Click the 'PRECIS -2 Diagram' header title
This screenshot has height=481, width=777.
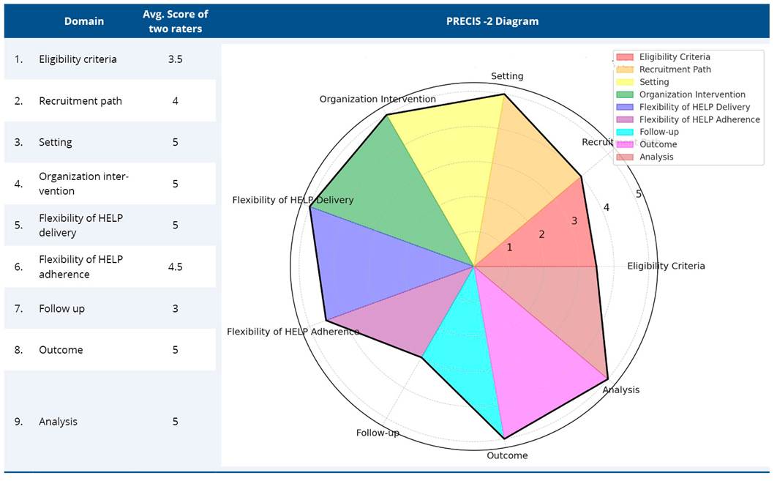(492, 21)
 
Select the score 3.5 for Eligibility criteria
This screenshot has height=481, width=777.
(175, 59)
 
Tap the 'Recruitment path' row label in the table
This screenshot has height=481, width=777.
(80, 101)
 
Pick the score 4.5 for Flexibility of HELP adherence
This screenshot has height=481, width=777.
(175, 266)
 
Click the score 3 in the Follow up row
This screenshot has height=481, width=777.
(175, 308)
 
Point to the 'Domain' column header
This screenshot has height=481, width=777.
(84, 21)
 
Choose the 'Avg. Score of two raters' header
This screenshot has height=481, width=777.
(175, 21)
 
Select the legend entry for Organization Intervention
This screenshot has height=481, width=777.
(691, 94)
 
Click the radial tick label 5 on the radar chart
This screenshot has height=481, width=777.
(639, 194)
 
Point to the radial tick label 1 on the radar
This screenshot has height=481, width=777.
(510, 247)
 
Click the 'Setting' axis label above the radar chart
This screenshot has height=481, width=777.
(506, 76)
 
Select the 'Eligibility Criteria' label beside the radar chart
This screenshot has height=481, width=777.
(666, 266)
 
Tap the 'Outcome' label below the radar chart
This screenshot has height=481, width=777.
(506, 455)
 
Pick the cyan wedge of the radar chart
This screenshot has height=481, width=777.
(465, 366)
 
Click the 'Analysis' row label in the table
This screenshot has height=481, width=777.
(58, 422)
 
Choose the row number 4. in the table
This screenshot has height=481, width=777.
(19, 184)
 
